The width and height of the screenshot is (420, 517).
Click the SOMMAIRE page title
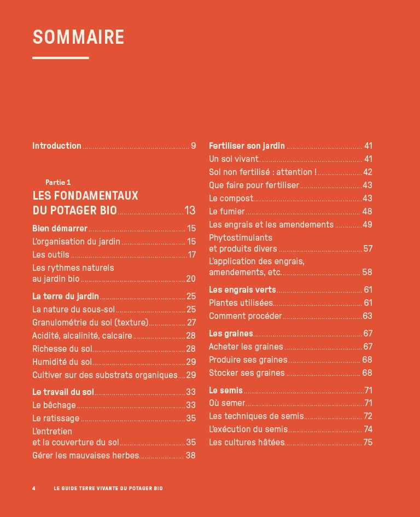pyautogui.click(x=78, y=37)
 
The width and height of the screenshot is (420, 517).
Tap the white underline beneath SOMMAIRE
pyautogui.click(x=60, y=57)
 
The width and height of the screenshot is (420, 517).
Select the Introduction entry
pyautogui.click(x=57, y=146)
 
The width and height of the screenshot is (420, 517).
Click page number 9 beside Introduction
pyautogui.click(x=193, y=146)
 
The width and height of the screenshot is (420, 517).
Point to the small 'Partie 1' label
pyautogui.click(x=58, y=182)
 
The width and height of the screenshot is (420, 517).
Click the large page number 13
pyautogui.click(x=190, y=210)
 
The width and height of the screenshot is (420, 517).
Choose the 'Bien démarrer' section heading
pyautogui.click(x=60, y=229)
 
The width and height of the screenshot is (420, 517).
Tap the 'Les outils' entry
pyautogui.click(x=51, y=254)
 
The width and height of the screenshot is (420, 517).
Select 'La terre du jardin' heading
pyautogui.click(x=66, y=297)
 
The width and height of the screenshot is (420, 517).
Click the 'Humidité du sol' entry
pyautogui.click(x=62, y=362)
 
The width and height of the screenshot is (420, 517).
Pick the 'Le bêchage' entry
pyautogui.click(x=54, y=405)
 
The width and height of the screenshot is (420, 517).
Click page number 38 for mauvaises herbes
pyautogui.click(x=190, y=455)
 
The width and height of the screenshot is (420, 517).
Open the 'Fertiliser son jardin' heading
pyautogui.click(x=247, y=146)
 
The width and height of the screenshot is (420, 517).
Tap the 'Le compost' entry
pyautogui.click(x=231, y=199)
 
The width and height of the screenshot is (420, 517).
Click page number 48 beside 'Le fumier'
pyautogui.click(x=367, y=212)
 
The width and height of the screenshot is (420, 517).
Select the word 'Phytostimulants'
pyautogui.click(x=241, y=238)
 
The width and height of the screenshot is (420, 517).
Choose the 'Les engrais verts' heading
pyautogui.click(x=242, y=290)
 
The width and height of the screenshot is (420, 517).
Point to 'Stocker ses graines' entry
pyautogui.click(x=247, y=373)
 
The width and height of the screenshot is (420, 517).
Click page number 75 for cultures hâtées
pyautogui.click(x=367, y=443)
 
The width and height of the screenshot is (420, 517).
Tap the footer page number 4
pyautogui.click(x=34, y=488)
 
